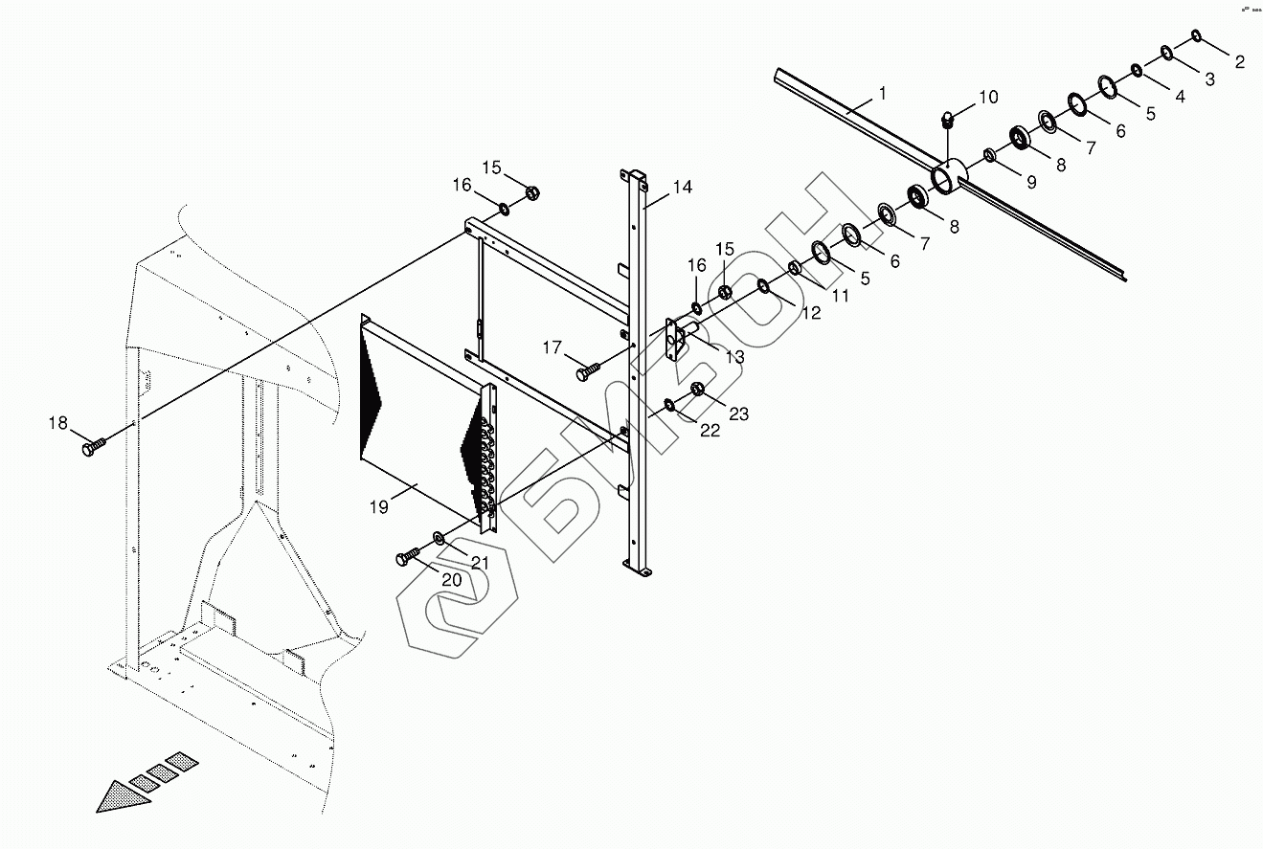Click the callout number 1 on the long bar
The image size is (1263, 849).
882,94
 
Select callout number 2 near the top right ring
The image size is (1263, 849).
1239,62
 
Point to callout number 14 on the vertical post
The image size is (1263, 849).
681,187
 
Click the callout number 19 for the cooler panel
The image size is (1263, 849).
380,507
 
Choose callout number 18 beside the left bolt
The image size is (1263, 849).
58,423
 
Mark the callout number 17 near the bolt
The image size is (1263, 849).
553,348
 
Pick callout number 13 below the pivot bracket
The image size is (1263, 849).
733,357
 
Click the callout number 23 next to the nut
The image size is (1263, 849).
738,414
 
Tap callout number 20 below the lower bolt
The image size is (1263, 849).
451,579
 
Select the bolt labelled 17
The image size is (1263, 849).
586,369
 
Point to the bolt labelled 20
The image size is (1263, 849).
408,557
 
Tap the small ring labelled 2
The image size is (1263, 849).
1197,36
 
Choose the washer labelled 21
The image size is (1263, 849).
440,538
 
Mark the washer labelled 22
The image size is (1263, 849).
668,405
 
